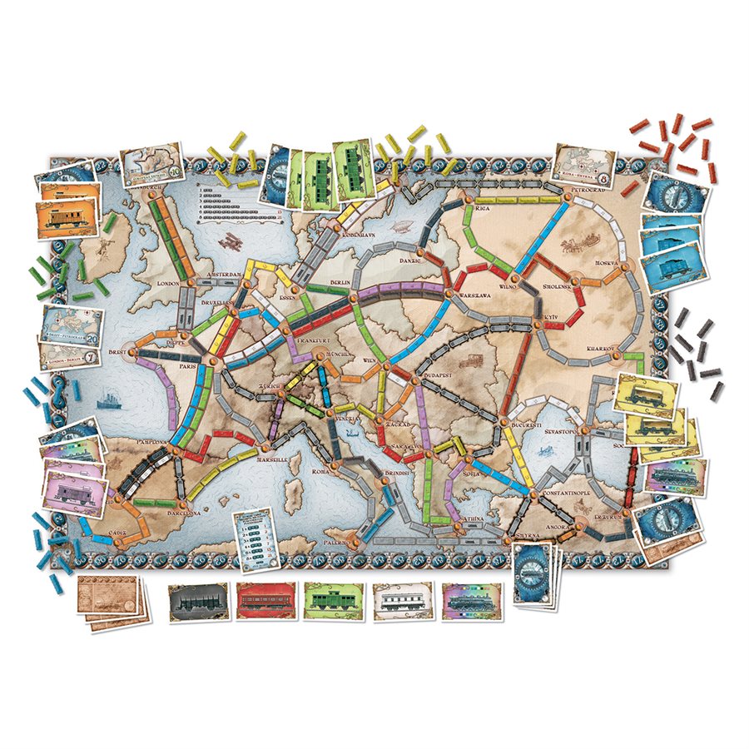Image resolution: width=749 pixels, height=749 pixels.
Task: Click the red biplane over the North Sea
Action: (x=226, y=241)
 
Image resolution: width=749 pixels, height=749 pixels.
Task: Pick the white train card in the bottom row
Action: (x=401, y=600)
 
